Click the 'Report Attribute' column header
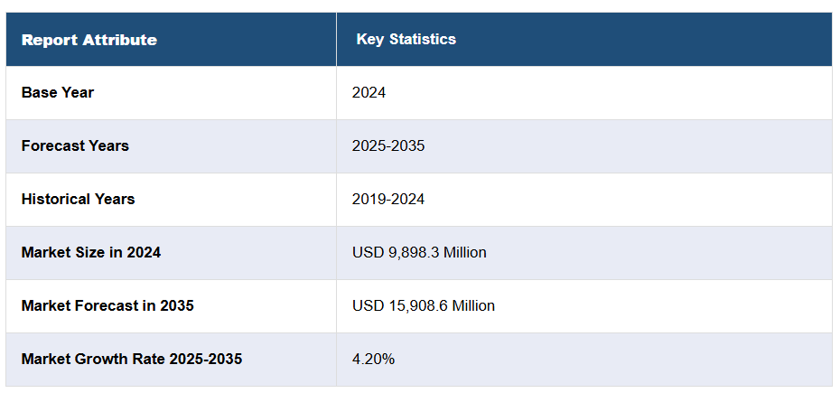[x=89, y=40]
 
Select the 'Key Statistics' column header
[x=406, y=39]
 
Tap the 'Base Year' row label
[x=58, y=92]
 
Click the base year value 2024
[x=369, y=92]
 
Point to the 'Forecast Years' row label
[x=75, y=145]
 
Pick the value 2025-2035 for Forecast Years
[x=388, y=145]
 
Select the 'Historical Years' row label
[x=78, y=199]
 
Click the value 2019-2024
[x=388, y=199]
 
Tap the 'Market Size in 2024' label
[x=91, y=252]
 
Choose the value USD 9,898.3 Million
[x=419, y=252]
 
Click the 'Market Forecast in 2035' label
[x=107, y=305]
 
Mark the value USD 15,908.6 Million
[x=424, y=305]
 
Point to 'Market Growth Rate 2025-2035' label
[x=132, y=359]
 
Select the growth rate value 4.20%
[x=373, y=359]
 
